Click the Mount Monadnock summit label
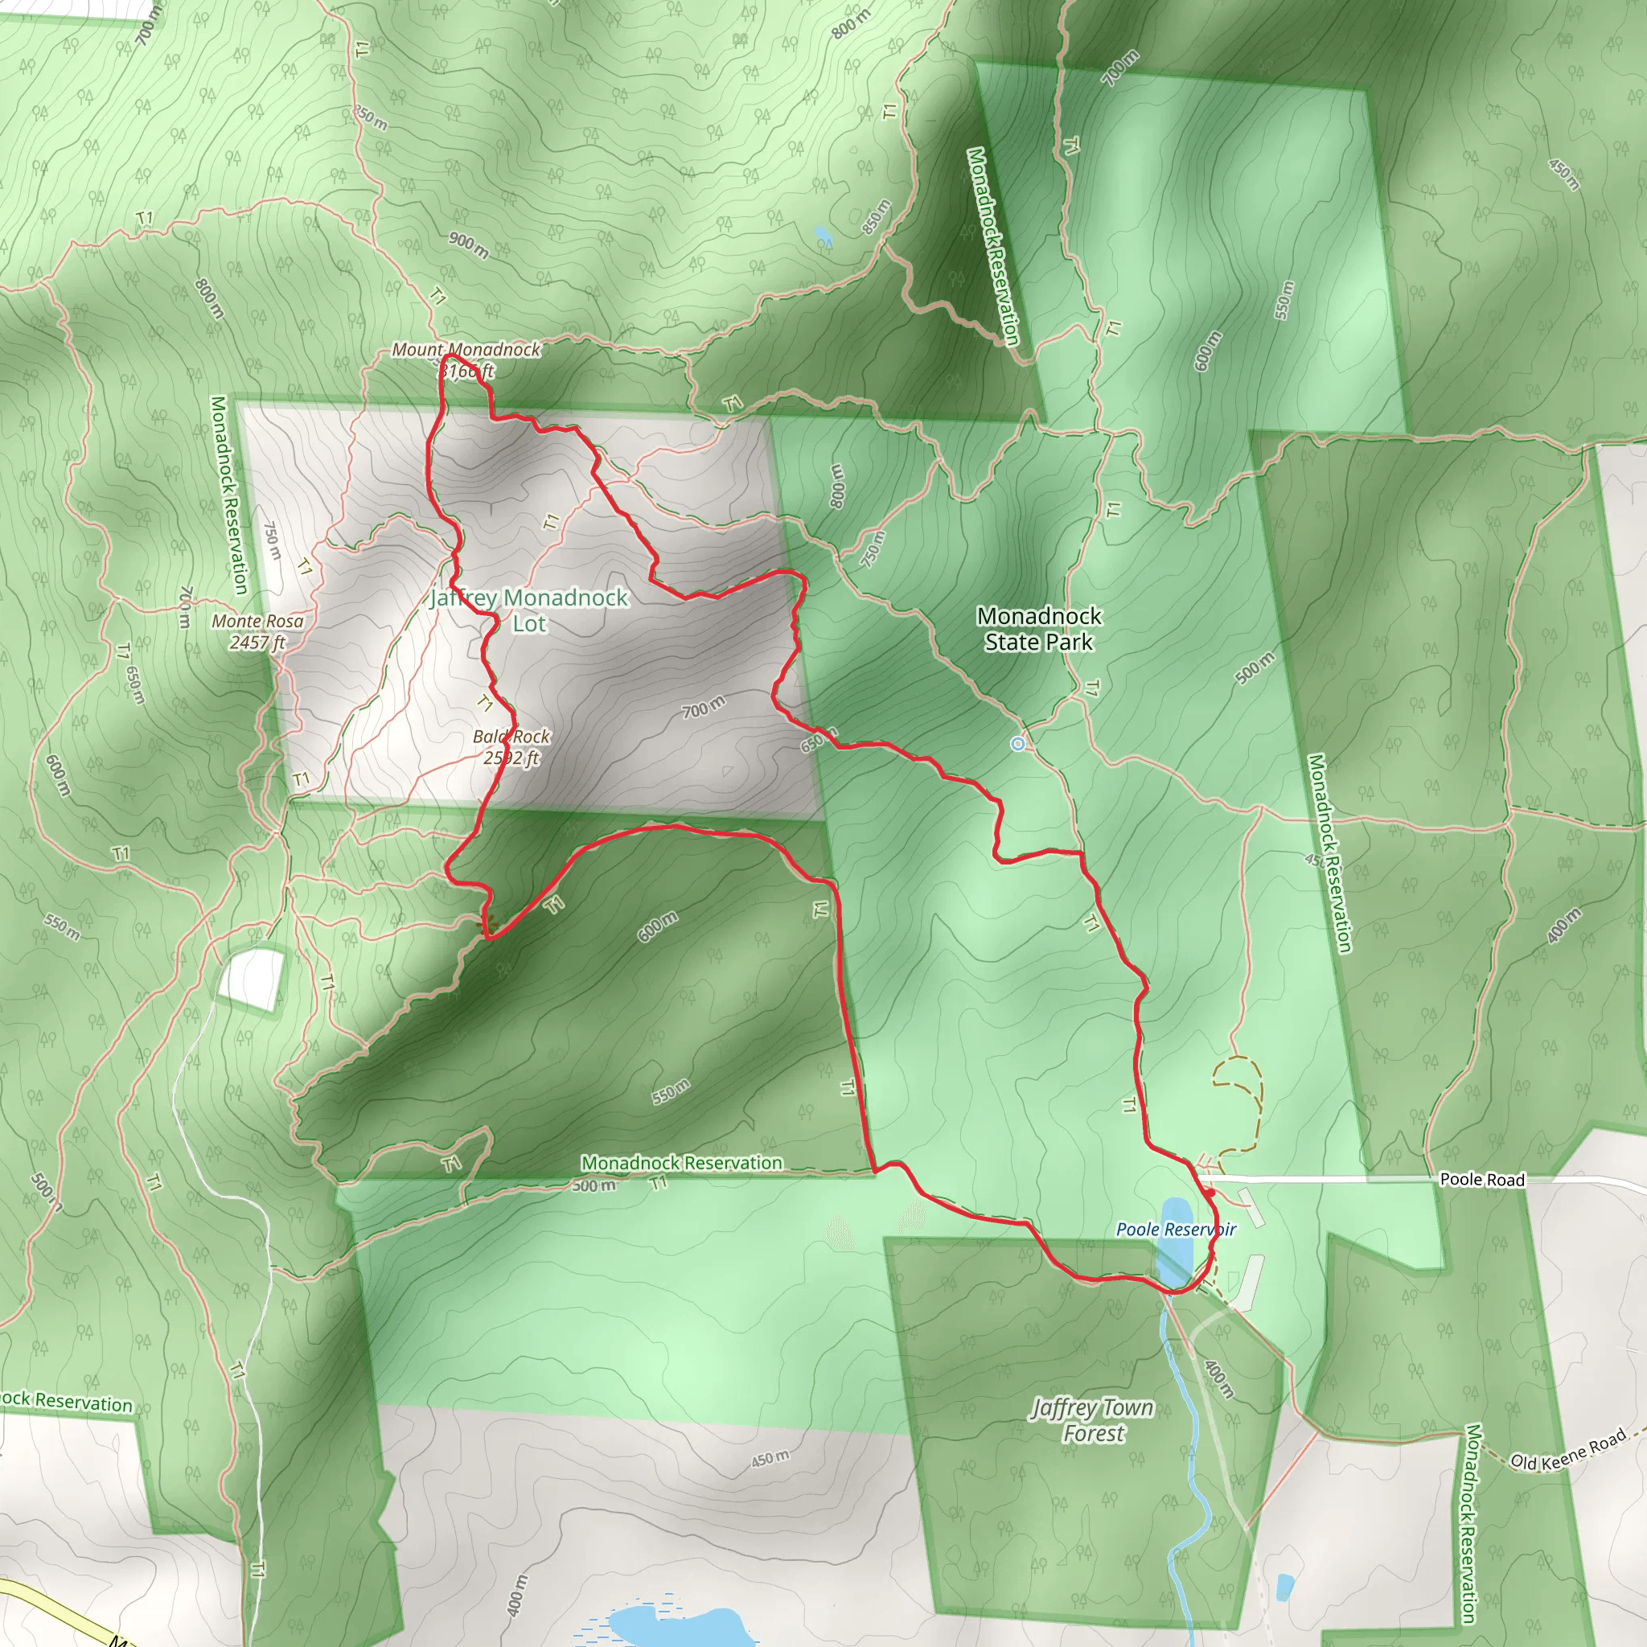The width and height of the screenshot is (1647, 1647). [x=466, y=359]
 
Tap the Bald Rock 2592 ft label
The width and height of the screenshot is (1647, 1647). [x=511, y=747]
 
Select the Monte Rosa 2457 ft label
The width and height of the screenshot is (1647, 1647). [x=257, y=631]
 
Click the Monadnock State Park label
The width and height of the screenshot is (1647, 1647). [x=1038, y=628]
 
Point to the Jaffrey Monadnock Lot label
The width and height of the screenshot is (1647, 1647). [x=528, y=610]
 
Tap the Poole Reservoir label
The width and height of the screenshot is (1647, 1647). [x=1176, y=1229]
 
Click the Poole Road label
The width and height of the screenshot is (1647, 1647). [x=1481, y=1180]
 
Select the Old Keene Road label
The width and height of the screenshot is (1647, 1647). [x=1568, y=1449]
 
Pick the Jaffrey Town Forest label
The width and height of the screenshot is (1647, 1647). [x=1092, y=1420]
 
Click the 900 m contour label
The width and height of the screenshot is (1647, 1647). [x=469, y=244]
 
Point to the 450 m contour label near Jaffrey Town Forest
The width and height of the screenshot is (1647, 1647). [x=770, y=1459]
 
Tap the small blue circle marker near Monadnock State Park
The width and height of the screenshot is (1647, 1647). [x=1017, y=744]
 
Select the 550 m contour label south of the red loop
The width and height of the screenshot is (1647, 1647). [x=671, y=1092]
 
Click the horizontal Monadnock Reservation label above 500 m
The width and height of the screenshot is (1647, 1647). [x=681, y=1163]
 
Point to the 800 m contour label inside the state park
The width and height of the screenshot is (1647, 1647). [x=837, y=486]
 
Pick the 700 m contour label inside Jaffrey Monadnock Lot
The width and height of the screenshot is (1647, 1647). [x=704, y=707]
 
